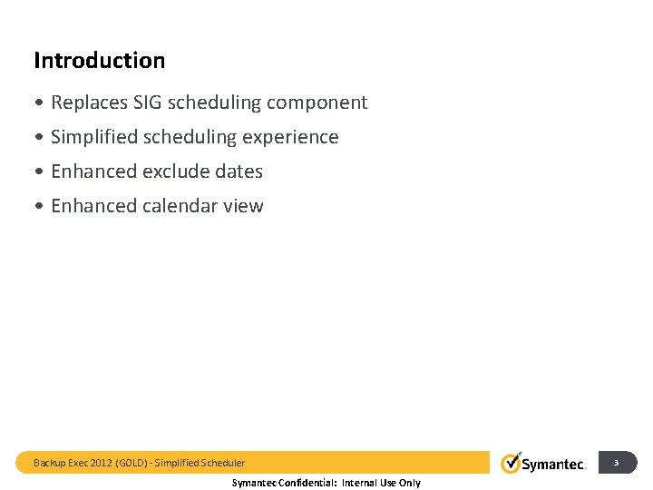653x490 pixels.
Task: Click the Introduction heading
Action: pyautogui.click(x=99, y=61)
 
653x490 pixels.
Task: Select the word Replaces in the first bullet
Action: pyautogui.click(x=89, y=103)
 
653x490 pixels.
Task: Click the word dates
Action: pyautogui.click(x=239, y=171)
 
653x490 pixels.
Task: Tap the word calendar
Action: pyautogui.click(x=180, y=206)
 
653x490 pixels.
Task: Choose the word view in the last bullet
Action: pyautogui.click(x=243, y=206)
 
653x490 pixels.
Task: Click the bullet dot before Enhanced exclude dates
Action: pyautogui.click(x=40, y=171)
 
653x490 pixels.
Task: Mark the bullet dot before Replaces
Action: pyautogui.click(x=40, y=103)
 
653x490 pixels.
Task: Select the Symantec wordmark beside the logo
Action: pyautogui.click(x=554, y=465)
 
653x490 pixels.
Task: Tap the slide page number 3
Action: pyautogui.click(x=616, y=463)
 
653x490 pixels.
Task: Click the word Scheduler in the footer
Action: pyautogui.click(x=221, y=463)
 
